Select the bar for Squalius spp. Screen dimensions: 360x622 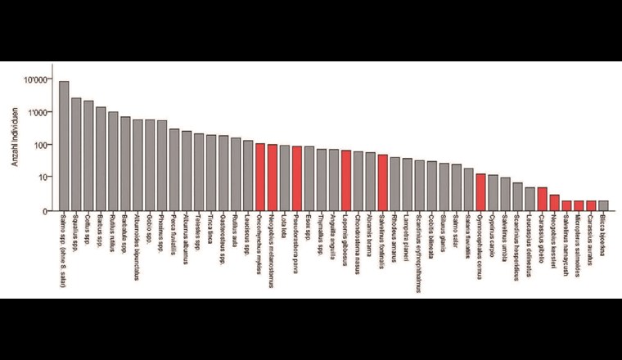76,155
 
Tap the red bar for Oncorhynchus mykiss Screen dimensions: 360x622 260,178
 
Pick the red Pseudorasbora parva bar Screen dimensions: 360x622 297,178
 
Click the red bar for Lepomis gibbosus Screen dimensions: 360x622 346,181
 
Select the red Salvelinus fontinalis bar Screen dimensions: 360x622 383,182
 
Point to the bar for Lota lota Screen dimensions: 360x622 285,178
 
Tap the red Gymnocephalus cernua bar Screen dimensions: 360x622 481,192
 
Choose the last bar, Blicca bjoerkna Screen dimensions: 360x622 603,205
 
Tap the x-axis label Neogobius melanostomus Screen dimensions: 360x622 273,248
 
